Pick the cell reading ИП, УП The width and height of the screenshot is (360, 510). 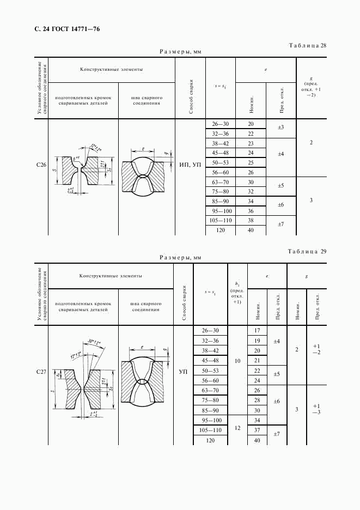click(x=190, y=163)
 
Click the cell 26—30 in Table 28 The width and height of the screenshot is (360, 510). click(x=220, y=124)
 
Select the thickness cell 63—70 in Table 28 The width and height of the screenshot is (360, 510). click(x=220, y=182)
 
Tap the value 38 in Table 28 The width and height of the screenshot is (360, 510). click(x=251, y=221)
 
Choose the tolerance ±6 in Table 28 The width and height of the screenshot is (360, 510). click(x=281, y=206)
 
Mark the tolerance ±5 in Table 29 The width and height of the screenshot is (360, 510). click(x=276, y=375)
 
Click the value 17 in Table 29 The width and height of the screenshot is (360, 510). click(x=257, y=331)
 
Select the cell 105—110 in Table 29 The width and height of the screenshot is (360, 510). click(x=210, y=430)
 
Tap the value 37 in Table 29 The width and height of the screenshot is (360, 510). click(x=257, y=430)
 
